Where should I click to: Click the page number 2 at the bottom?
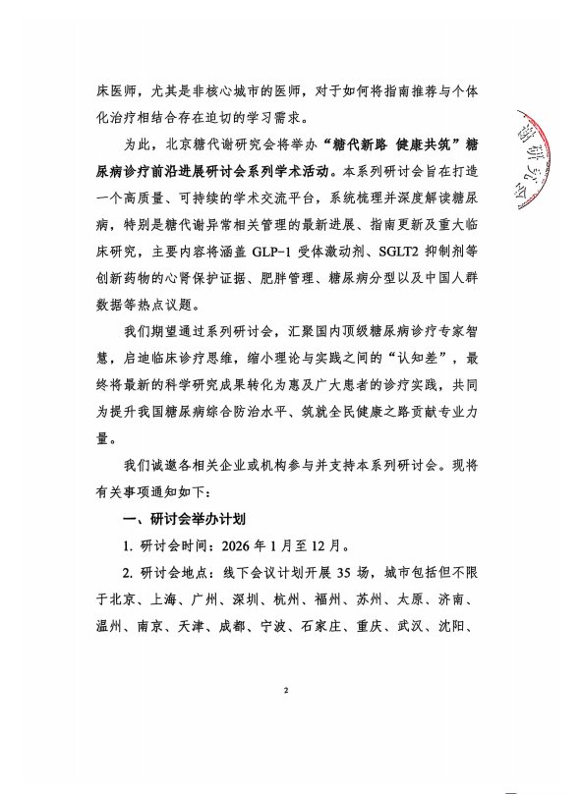285,693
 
